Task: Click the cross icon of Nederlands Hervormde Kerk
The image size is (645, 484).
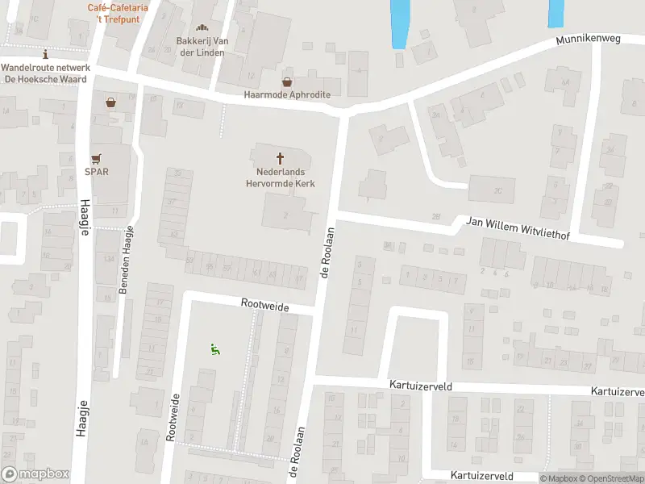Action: point(281,158)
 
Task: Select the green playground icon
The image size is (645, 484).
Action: point(215,349)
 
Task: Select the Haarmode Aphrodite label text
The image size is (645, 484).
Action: point(288,94)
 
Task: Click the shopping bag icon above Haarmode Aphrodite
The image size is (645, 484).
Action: point(287,81)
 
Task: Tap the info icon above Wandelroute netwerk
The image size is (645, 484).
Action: point(45,55)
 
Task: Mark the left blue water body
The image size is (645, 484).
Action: point(399,23)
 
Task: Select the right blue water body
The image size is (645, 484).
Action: point(556,13)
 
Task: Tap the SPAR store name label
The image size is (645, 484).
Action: point(98,171)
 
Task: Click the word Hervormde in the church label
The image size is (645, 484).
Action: point(280,184)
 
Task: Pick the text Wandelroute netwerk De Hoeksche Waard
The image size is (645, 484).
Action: point(45,73)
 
